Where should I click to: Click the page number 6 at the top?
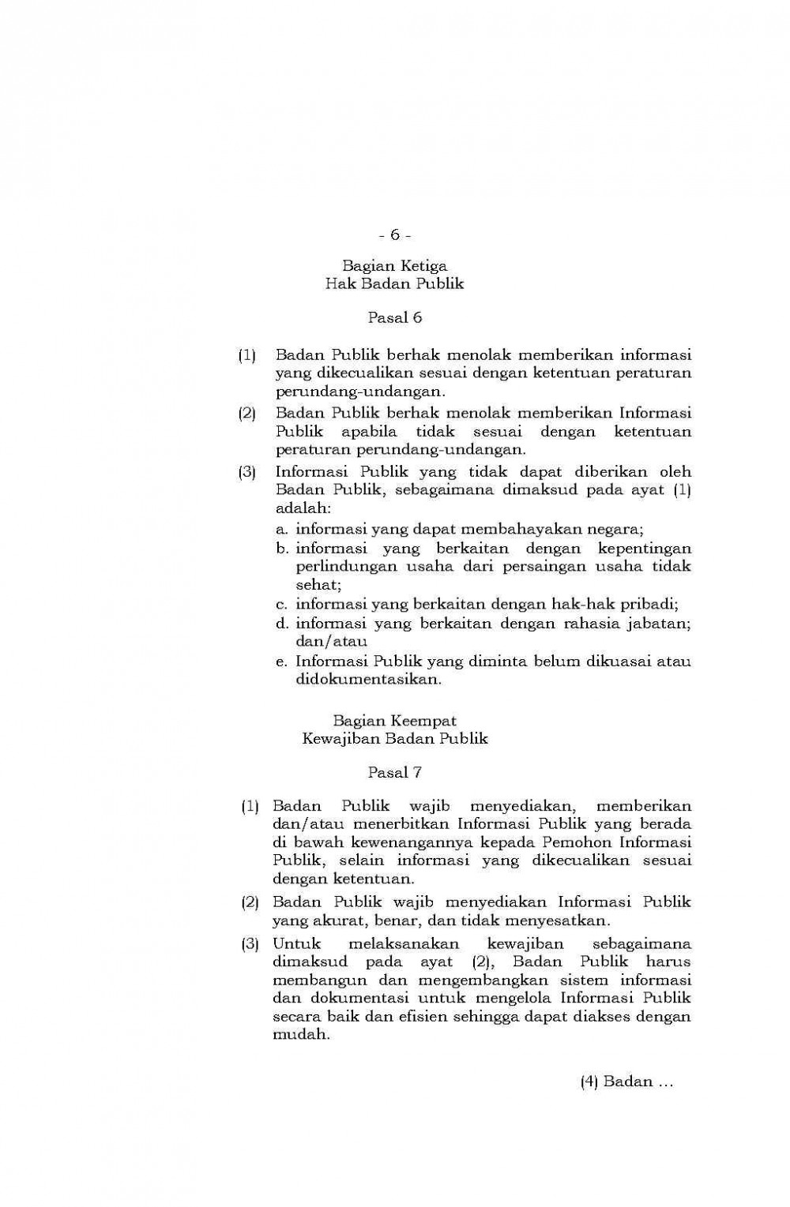(394, 235)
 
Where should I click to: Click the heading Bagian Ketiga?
(394, 266)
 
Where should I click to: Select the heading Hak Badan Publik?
(394, 283)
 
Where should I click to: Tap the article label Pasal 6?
(394, 318)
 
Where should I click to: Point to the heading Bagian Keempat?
(394, 721)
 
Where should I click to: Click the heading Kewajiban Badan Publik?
(394, 739)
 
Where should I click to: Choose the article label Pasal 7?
(394, 773)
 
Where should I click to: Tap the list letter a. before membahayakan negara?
(281, 529)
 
